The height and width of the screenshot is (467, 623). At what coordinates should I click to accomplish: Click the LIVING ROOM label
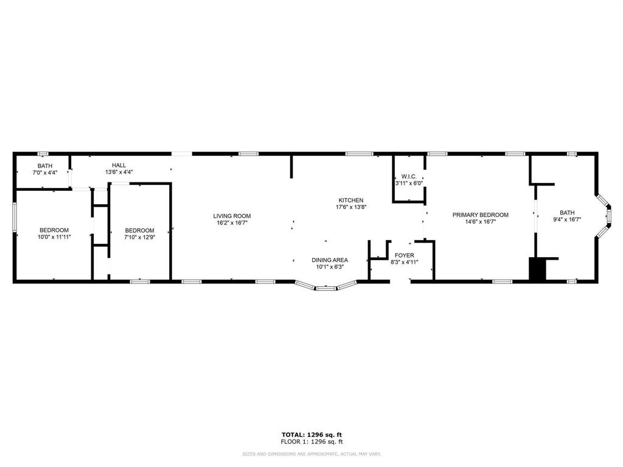click(x=232, y=216)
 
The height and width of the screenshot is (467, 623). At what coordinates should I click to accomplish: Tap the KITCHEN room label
click(x=350, y=200)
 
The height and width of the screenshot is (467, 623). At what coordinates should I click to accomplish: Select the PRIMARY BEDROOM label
click(x=480, y=215)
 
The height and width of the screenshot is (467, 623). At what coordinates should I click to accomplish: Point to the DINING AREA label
click(x=330, y=260)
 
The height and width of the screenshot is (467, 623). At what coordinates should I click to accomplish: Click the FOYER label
click(x=405, y=255)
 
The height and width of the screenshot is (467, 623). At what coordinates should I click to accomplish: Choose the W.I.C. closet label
click(x=408, y=176)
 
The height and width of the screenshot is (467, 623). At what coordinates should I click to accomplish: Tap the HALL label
click(x=119, y=165)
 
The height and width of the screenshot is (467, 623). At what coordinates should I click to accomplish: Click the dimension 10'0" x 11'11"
click(x=54, y=237)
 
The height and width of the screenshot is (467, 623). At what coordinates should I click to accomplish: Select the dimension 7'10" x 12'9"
click(x=139, y=237)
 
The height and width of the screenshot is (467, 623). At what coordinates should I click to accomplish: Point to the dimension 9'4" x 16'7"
click(x=566, y=220)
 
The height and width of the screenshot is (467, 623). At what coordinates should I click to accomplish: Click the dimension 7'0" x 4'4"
click(x=45, y=173)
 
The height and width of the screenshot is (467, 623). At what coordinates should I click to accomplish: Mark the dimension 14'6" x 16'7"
click(x=480, y=222)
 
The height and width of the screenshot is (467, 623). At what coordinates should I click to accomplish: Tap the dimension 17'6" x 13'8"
click(x=350, y=207)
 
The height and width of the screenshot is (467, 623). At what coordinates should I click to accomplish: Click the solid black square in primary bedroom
click(x=538, y=270)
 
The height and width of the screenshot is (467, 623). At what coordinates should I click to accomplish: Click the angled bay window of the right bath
click(x=605, y=215)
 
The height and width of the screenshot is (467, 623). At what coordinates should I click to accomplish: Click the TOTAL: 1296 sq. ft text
click(x=311, y=434)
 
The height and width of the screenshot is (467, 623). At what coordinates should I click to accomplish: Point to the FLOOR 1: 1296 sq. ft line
click(x=311, y=441)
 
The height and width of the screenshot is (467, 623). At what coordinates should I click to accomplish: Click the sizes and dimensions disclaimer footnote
click(x=311, y=454)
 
